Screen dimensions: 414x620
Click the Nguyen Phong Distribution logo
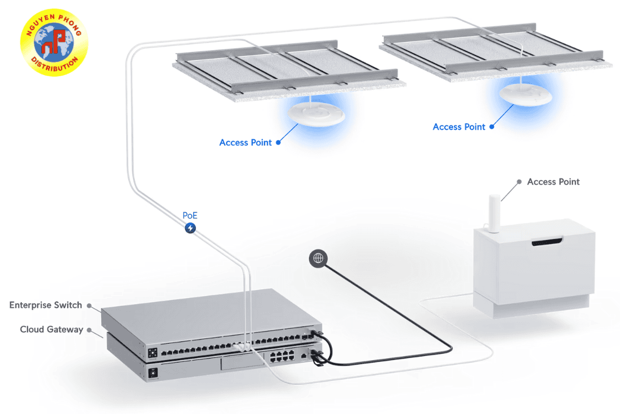click(x=54, y=42)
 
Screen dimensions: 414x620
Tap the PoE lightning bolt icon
click(x=191, y=227)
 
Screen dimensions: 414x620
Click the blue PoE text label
click(x=190, y=215)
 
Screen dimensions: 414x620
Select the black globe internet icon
click(x=318, y=258)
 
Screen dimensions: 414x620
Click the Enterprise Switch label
click(x=45, y=305)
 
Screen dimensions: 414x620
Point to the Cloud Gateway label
click(x=51, y=329)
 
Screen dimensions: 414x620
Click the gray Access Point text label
click(x=553, y=182)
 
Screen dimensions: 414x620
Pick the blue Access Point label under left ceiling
click(x=245, y=142)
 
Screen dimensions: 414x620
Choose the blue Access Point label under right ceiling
click(x=459, y=127)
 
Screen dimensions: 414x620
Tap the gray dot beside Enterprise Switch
click(x=89, y=305)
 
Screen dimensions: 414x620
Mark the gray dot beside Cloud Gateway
click(x=89, y=329)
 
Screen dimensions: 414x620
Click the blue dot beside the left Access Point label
click(x=278, y=142)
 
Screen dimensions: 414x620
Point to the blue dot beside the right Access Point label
click(x=492, y=126)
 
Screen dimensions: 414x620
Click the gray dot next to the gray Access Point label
click(x=519, y=182)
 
